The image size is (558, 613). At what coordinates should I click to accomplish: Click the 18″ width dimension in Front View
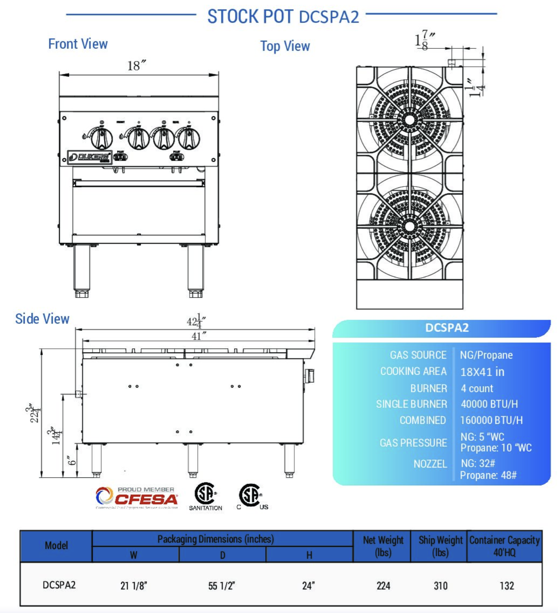click(x=137, y=66)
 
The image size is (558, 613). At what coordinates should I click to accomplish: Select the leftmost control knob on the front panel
click(x=102, y=138)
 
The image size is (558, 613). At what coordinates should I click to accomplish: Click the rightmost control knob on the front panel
click(x=188, y=138)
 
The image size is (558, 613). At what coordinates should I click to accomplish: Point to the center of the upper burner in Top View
click(x=410, y=120)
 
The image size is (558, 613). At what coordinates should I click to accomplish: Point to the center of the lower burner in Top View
click(x=410, y=226)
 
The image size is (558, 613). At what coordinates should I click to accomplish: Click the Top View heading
click(x=285, y=46)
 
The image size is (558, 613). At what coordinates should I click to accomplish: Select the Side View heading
click(x=42, y=319)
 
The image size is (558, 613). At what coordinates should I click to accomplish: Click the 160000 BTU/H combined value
click(x=491, y=420)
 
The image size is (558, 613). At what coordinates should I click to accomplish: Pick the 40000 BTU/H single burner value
click(x=489, y=404)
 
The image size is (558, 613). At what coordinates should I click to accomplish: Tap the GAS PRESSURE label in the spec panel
click(x=413, y=443)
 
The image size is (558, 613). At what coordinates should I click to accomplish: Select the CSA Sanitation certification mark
click(x=206, y=496)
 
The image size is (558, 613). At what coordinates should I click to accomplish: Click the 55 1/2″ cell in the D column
click(x=222, y=586)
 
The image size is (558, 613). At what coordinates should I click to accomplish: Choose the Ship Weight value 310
click(x=441, y=586)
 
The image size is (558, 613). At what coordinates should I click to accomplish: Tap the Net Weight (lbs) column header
click(x=383, y=546)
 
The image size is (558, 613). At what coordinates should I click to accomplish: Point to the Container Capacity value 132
click(x=507, y=586)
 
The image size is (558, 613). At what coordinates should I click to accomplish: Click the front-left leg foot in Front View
click(x=82, y=293)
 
